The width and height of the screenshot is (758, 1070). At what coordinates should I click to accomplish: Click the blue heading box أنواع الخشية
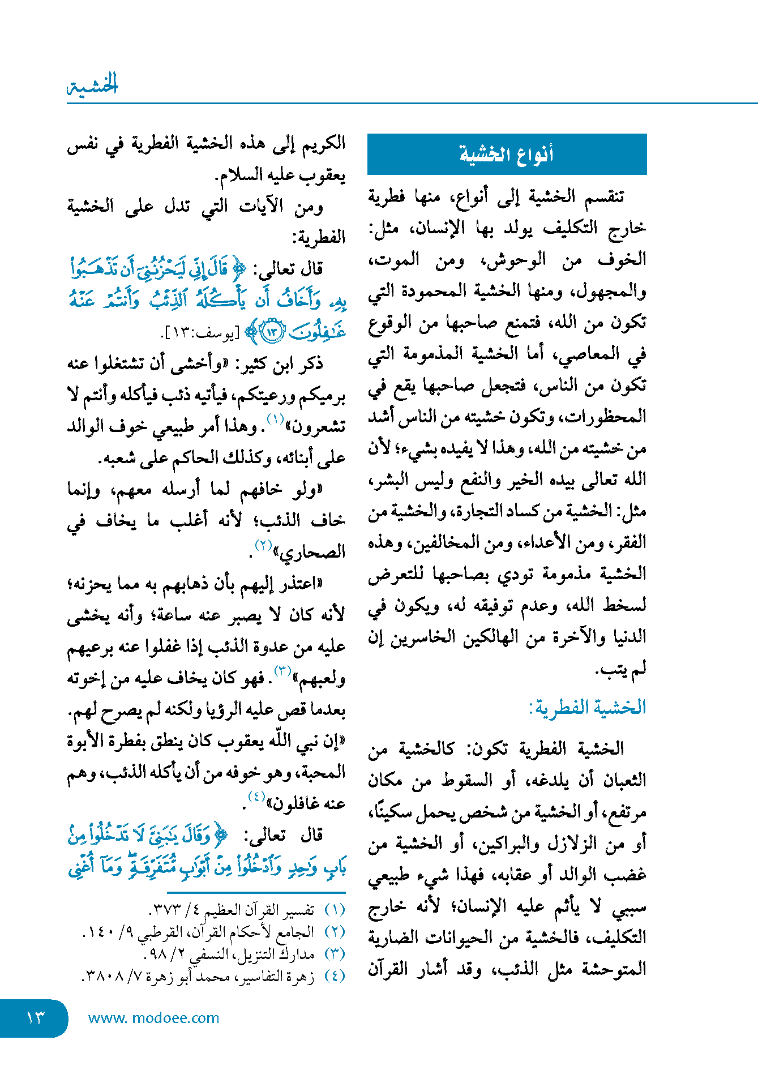tap(507, 154)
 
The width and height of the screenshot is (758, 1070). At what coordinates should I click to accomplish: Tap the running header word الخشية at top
tap(93, 85)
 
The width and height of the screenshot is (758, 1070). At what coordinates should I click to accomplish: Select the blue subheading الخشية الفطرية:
tap(588, 707)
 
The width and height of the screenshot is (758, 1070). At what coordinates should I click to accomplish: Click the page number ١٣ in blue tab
tap(35, 1018)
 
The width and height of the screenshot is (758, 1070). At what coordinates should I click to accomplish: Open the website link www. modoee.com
tap(153, 1018)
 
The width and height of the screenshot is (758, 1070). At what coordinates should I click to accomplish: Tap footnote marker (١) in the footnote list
tap(335, 910)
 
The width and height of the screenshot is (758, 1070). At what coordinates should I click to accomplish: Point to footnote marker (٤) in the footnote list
tap(335, 975)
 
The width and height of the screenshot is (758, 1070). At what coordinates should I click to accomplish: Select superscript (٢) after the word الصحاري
tap(263, 546)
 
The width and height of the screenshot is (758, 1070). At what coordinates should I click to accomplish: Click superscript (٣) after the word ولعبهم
tap(282, 671)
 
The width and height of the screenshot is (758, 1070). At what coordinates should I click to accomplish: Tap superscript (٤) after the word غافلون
tap(256, 797)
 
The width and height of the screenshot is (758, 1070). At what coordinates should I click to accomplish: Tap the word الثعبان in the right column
tap(620, 781)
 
